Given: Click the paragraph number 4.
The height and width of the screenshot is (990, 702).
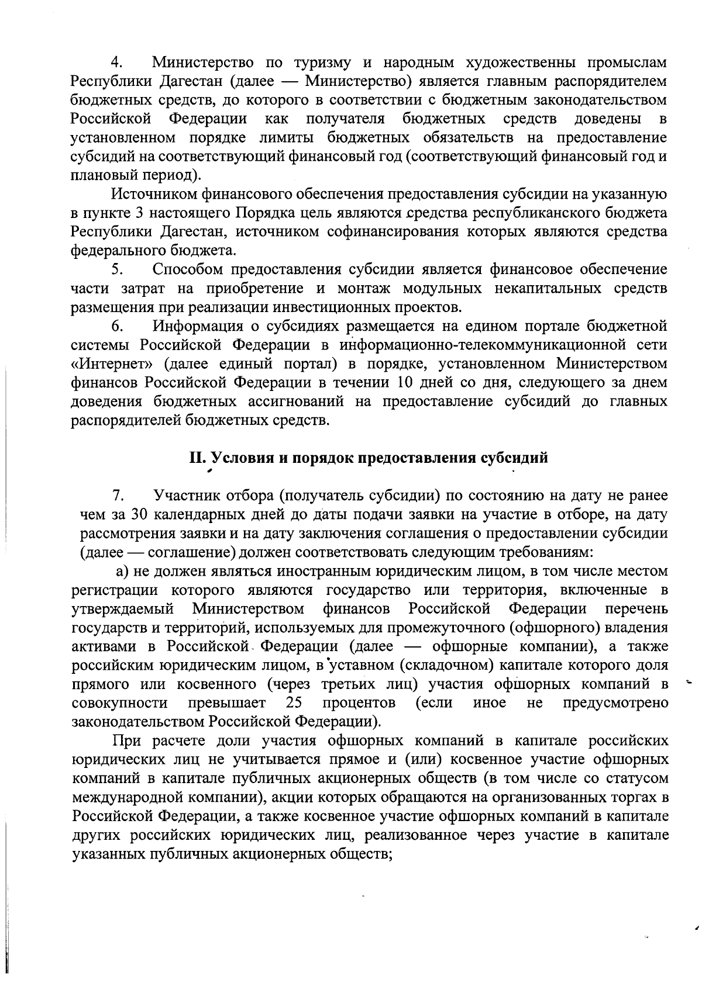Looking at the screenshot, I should (116, 63).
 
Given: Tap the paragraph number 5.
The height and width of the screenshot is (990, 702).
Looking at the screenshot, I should (116, 269).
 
